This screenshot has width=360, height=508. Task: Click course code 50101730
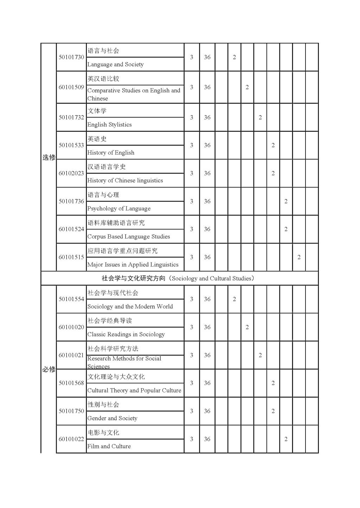point(71,57)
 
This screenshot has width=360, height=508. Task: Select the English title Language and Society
point(115,64)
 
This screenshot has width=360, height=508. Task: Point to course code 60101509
point(71,87)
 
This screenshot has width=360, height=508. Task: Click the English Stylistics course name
point(109,124)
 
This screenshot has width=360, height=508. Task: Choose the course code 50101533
point(71,145)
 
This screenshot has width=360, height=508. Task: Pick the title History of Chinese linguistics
point(125,180)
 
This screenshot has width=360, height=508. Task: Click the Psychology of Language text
point(119,208)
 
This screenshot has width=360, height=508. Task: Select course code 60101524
point(71,229)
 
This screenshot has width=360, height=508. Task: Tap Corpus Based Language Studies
point(129,236)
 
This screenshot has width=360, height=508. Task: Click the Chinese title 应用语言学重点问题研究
point(122,251)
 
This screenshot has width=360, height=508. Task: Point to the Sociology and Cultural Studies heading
point(178,278)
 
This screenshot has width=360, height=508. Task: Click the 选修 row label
point(49,157)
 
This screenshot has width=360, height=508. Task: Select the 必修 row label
point(49,369)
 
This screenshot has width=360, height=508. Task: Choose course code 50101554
point(71,299)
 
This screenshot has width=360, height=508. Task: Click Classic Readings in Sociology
point(126,334)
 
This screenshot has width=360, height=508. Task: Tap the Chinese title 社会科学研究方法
point(113,349)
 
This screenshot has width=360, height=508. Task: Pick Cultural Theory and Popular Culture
point(134,390)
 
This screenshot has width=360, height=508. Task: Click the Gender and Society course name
point(112,418)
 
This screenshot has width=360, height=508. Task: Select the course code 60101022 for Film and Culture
point(71,439)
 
